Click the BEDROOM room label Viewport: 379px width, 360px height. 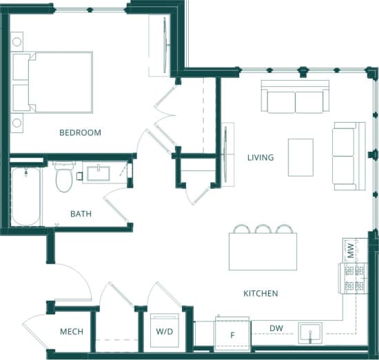[80, 132]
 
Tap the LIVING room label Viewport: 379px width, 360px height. [260, 158]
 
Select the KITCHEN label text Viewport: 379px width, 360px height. [260, 294]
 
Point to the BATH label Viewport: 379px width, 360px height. [81, 214]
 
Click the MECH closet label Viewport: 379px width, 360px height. [71, 332]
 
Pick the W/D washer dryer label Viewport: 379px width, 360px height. [165, 332]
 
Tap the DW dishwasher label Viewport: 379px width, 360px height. [276, 328]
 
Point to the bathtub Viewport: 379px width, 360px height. [26, 197]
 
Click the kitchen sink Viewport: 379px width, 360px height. [311, 334]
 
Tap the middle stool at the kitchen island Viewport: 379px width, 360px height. [263, 229]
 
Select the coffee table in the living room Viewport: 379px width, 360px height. [300, 157]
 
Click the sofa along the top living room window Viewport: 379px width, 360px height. [295, 97]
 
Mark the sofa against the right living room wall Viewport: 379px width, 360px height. [348, 156]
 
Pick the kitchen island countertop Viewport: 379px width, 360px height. [263, 252]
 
